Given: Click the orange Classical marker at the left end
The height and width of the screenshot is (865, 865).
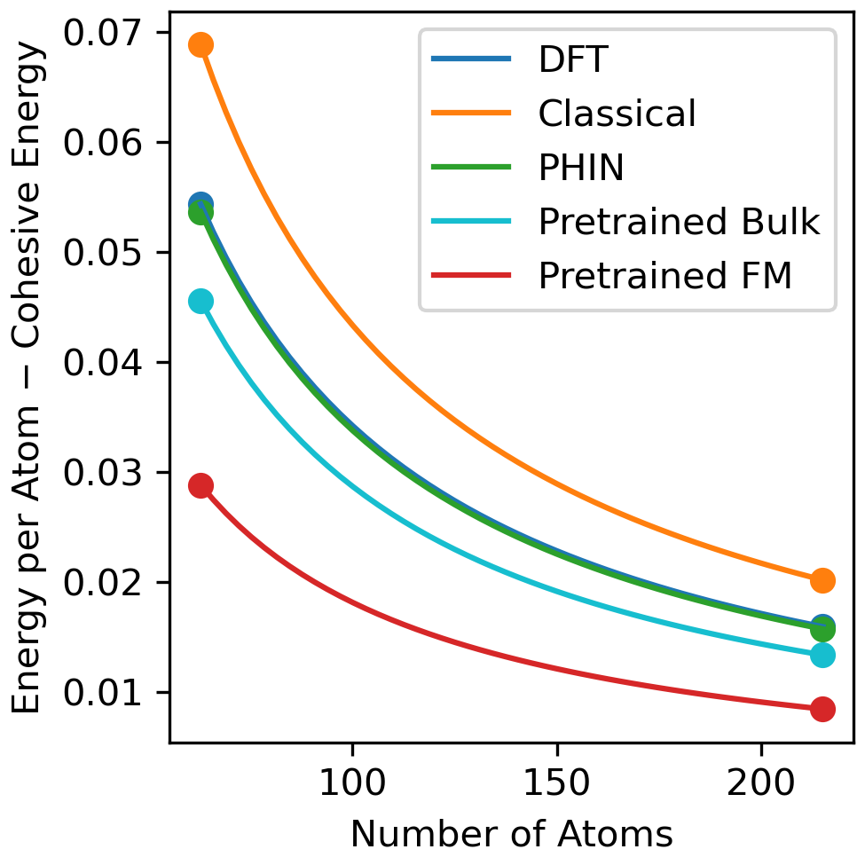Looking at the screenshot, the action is pos(201,44).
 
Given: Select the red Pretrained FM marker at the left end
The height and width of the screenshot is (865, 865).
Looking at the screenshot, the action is pos(201,486).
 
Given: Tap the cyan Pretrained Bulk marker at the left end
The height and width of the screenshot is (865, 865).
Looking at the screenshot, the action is pos(201,302).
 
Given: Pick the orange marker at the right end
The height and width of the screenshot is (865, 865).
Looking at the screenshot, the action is pos(822,580).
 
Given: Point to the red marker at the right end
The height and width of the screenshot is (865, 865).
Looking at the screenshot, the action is pos(822,709).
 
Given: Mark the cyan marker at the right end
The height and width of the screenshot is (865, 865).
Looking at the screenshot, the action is pos(822,656).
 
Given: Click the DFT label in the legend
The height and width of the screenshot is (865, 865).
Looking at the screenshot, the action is pos(573,59).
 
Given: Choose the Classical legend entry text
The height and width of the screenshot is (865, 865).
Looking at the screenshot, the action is pos(617,114).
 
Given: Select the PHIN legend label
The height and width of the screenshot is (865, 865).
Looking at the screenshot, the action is pos(581,168).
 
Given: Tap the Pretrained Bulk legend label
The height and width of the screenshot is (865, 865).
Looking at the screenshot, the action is pos(679,222).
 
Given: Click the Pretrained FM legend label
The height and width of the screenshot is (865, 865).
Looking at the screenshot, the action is pos(664,276).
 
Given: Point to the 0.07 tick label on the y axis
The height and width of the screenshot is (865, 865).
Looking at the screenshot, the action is pos(103,33).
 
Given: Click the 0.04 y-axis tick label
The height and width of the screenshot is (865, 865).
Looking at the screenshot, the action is pos(103,363).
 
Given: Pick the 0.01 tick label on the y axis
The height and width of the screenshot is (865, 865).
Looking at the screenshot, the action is pos(103,692).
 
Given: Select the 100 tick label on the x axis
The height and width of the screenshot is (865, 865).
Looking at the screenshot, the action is pos(352,782).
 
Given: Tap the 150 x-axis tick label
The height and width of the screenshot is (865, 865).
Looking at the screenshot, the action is pos(557,782).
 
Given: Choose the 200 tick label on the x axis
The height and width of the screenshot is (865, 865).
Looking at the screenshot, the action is pos(761,782).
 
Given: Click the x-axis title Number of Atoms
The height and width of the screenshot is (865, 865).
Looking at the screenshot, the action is pos(512,834).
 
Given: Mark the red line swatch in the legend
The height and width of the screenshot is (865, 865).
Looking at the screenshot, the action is pos(471,275).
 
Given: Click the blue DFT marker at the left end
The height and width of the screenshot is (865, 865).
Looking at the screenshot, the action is pos(201,203).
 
